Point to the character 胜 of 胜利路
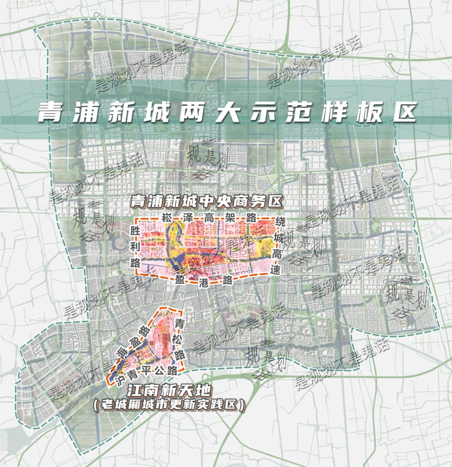135,231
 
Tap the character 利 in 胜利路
135,247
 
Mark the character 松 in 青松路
180,339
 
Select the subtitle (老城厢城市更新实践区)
169,405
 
